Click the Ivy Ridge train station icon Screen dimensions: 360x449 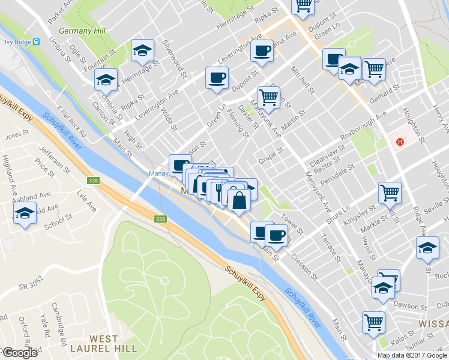pos(37,41)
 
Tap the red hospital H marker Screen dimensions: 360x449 pos(400,142)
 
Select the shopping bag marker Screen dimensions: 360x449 pos(239,201)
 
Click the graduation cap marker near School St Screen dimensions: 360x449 pos(25,213)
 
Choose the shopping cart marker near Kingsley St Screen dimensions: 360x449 pos(390,193)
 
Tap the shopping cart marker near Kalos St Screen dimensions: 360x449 pos(373,322)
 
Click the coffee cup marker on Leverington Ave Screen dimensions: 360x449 pos(262,51)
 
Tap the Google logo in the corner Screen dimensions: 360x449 pos(20,353)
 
